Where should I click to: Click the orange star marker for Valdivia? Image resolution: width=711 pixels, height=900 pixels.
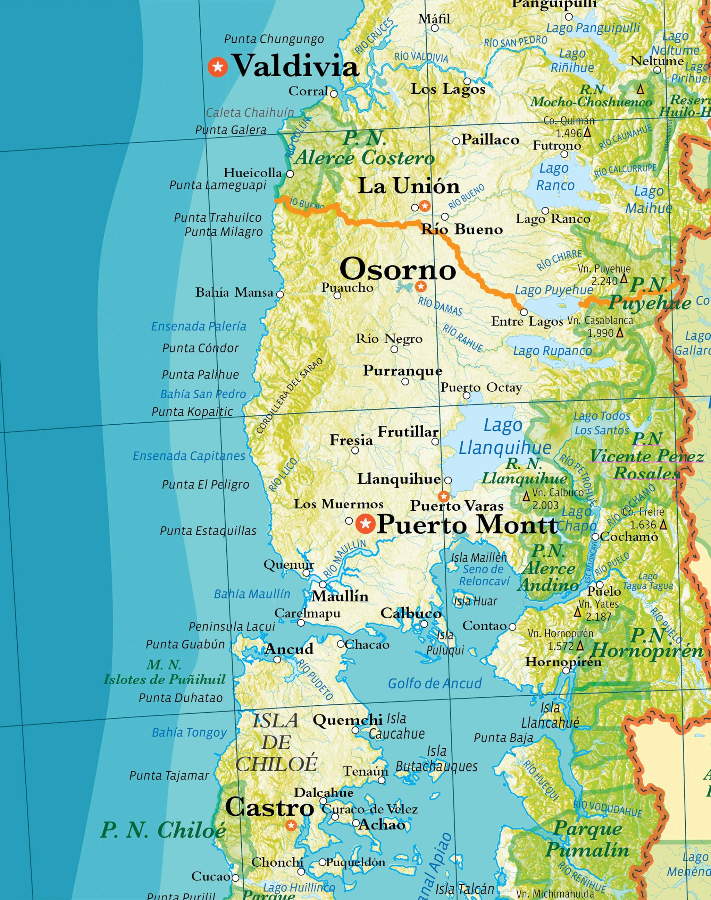tap(218, 67)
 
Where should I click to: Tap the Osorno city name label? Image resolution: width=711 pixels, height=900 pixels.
tap(398, 269)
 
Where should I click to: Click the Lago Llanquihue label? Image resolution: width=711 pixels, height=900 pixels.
tap(504, 437)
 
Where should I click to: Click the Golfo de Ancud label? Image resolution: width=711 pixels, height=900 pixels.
tap(435, 683)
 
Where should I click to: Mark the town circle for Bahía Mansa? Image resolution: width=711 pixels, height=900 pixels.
tap(280, 294)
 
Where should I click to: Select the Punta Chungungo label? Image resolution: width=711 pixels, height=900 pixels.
tap(274, 39)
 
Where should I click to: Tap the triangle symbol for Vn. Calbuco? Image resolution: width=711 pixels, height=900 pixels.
tap(526, 496)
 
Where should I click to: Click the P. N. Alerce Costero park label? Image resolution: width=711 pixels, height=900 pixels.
tap(365, 148)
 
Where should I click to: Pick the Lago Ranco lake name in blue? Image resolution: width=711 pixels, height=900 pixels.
tap(554, 177)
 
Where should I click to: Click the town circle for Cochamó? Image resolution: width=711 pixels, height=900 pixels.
tap(595, 537)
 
